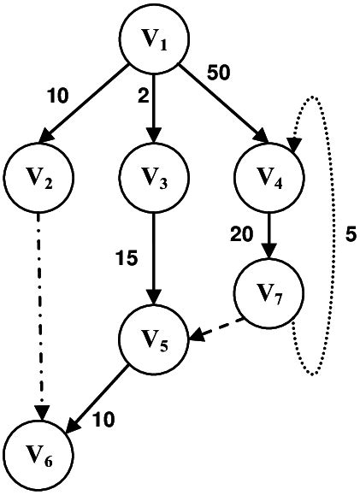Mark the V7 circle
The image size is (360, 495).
tap(269, 295)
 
